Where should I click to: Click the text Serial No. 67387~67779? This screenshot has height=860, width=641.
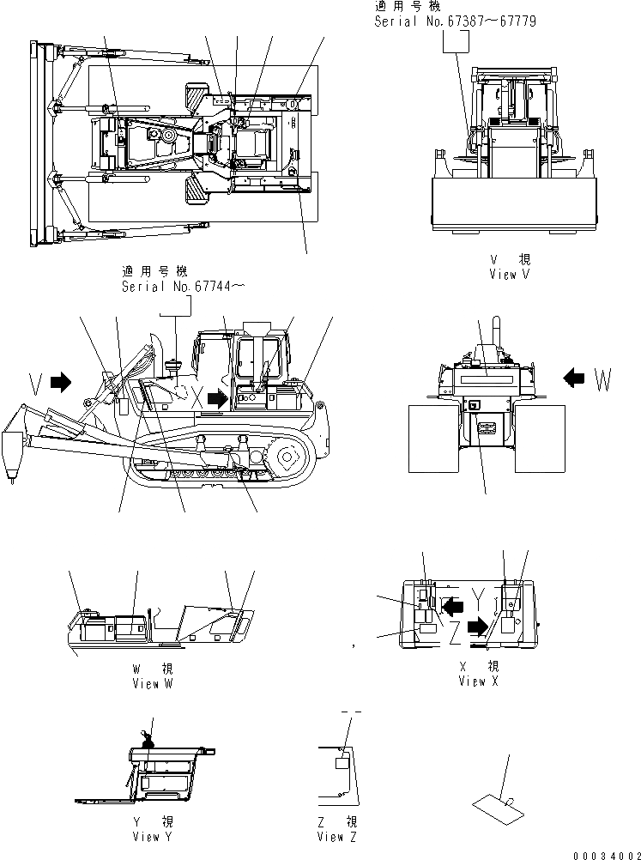click(455, 21)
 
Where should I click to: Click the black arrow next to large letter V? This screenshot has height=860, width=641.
click(60, 382)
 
